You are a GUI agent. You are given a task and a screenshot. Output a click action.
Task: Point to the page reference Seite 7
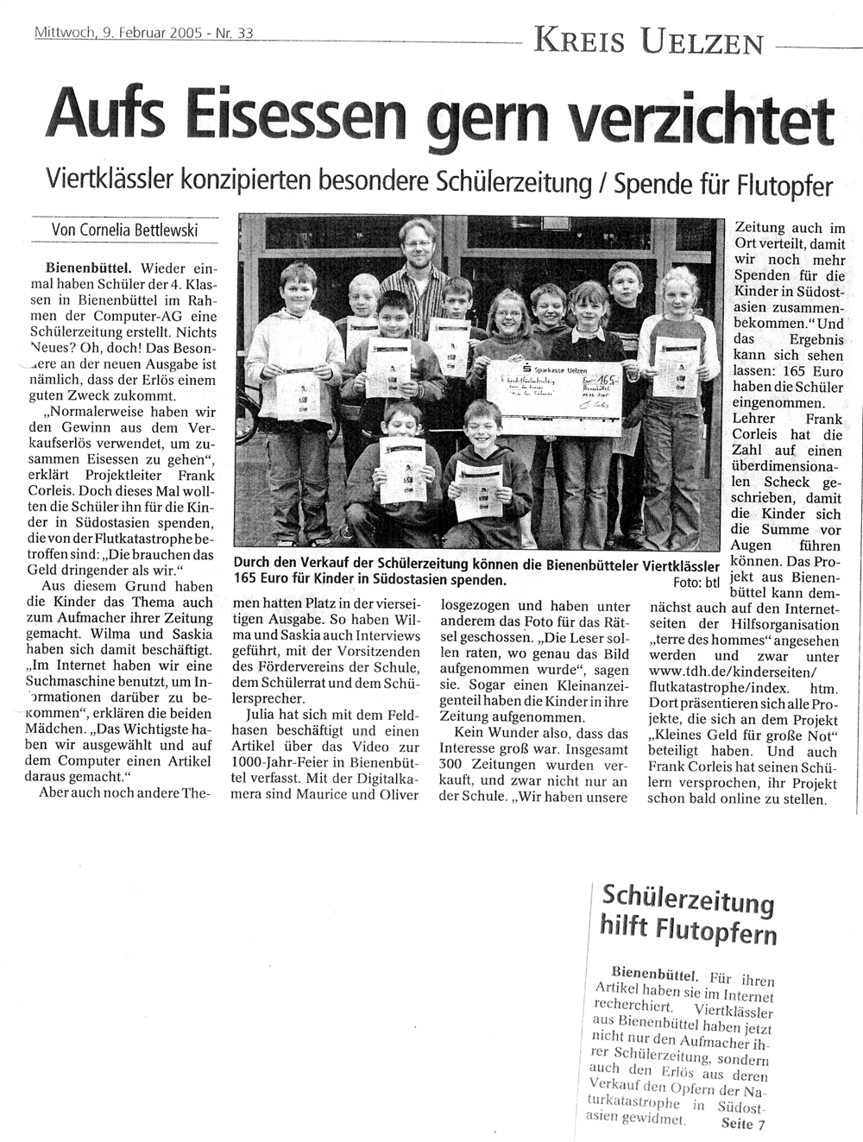click(x=740, y=1124)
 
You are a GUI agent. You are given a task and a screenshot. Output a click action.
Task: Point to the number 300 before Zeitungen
click(x=450, y=764)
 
